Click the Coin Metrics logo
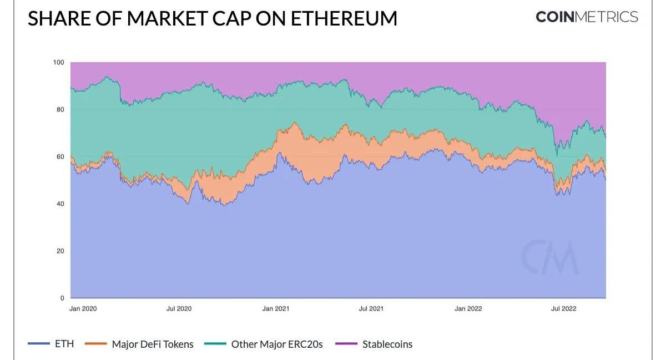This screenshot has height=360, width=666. (x=587, y=17)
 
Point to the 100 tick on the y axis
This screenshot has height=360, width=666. (x=58, y=63)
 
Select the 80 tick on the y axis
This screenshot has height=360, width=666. (x=60, y=110)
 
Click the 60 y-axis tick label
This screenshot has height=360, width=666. (x=60, y=157)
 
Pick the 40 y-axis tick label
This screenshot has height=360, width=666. (x=60, y=204)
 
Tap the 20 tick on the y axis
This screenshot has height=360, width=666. (x=60, y=251)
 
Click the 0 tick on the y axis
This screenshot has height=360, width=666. (x=62, y=298)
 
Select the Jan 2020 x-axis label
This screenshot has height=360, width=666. (x=83, y=309)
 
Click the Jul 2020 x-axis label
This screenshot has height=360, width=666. (x=179, y=309)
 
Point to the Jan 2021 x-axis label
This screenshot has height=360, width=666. (x=275, y=309)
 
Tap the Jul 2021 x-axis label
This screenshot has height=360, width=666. (x=371, y=309)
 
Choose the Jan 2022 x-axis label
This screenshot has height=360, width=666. (x=468, y=309)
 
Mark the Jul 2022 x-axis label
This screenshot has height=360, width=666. (x=563, y=309)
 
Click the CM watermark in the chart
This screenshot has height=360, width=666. (x=549, y=257)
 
